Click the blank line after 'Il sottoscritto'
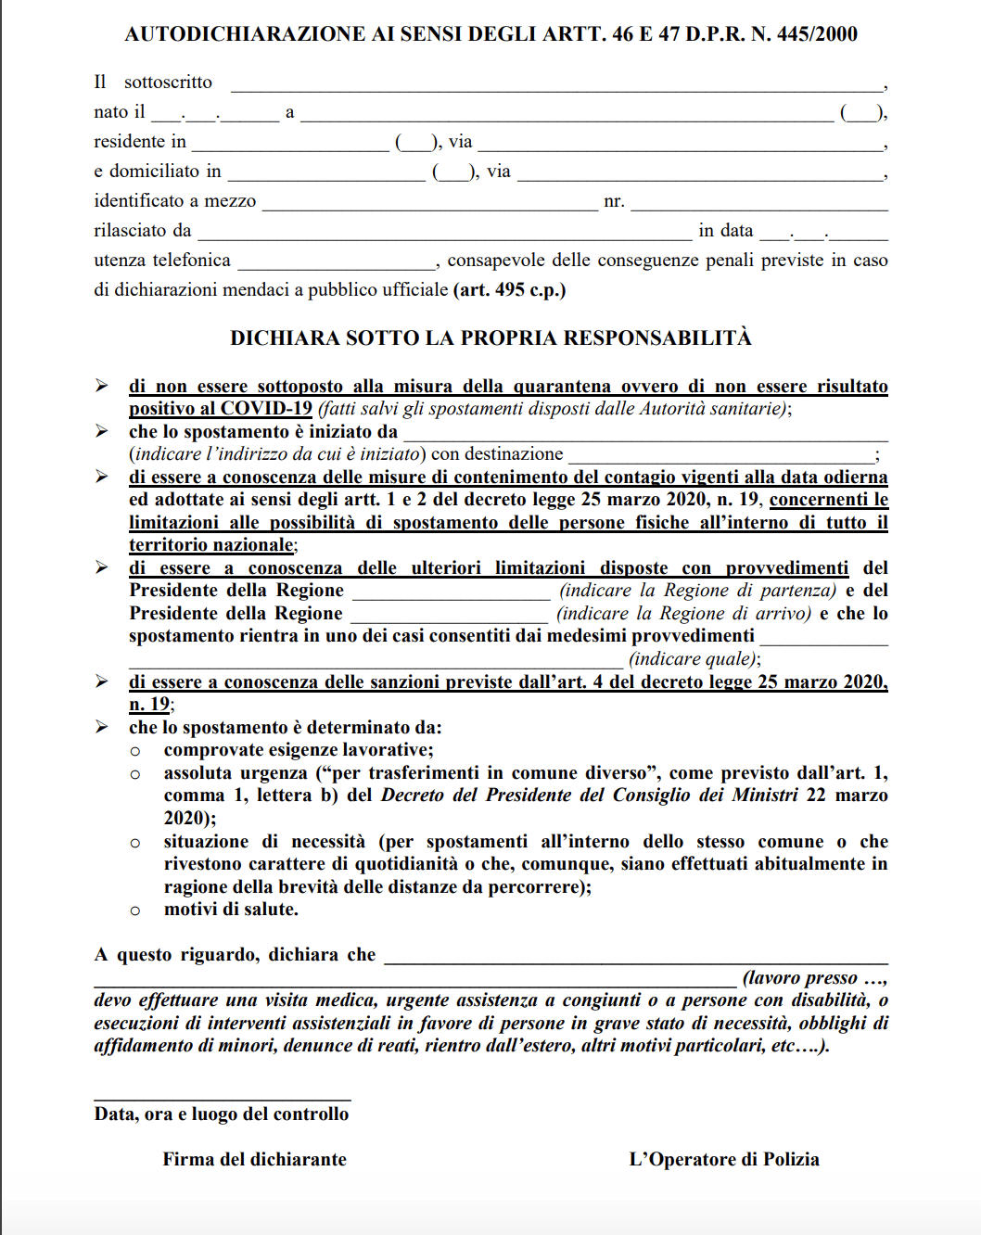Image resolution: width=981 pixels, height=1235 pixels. [556, 85]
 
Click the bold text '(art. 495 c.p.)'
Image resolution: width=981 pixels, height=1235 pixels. [510, 290]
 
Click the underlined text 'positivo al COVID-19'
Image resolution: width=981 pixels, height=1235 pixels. [221, 409]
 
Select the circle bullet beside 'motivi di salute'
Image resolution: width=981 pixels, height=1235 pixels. [135, 911]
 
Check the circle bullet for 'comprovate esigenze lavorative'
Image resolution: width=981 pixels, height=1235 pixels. [135, 751]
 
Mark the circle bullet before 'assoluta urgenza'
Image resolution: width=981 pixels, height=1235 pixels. [135, 774]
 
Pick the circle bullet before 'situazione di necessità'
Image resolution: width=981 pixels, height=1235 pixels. [135, 843]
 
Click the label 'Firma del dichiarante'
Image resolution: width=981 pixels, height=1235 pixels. [254, 1160]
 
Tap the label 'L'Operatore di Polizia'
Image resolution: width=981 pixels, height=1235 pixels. [724, 1160]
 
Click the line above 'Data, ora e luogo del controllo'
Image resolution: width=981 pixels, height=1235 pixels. [223, 1100]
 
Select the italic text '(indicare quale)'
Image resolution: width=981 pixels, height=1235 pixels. [694, 659]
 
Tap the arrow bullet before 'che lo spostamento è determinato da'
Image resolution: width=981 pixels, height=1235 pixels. [102, 727]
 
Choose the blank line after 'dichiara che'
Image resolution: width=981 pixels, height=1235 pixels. [635, 961]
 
